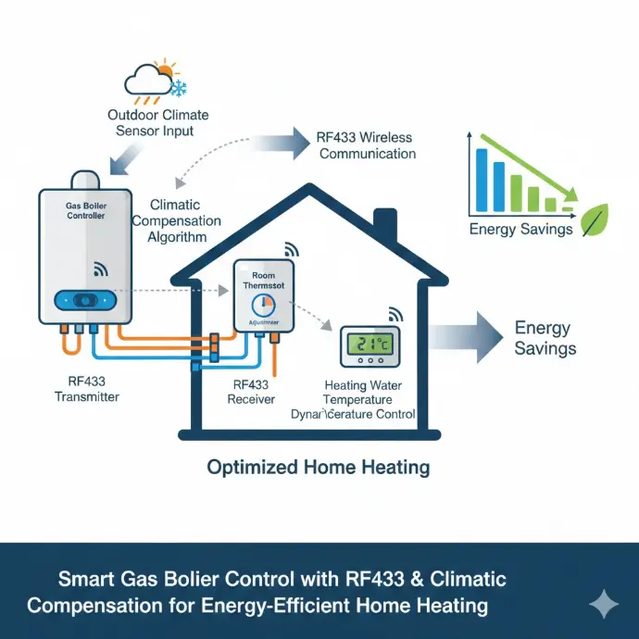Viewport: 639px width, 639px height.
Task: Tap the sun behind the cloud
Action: click(166, 69)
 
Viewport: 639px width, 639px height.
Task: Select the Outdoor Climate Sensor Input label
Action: click(157, 123)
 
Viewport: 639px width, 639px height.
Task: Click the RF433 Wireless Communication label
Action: click(367, 144)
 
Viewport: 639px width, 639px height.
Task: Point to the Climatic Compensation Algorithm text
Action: click(177, 221)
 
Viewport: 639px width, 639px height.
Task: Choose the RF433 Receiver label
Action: click(251, 390)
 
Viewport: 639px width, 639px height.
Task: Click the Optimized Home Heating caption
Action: click(318, 467)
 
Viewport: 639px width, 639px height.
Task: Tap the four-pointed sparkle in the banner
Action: click(604, 605)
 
